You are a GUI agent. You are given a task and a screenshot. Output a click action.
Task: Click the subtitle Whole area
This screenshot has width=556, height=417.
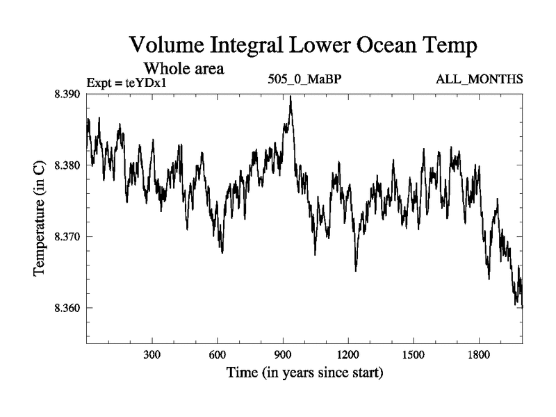click(183, 69)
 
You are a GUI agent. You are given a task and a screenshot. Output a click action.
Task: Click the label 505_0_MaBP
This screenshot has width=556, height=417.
click(304, 79)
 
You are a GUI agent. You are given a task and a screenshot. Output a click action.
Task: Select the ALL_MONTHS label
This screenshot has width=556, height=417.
click(480, 79)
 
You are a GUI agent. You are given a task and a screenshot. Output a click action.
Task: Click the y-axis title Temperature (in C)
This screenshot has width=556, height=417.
click(40, 217)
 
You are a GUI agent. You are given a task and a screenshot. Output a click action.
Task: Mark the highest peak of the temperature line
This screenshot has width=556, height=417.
click(291, 97)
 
